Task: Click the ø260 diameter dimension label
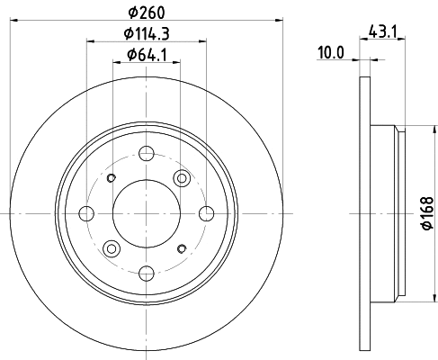tap(147, 13)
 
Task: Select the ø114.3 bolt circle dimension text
tap(147, 33)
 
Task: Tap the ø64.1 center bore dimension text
tap(147, 55)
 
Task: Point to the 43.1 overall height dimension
tap(383, 31)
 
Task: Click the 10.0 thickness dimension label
tap(331, 53)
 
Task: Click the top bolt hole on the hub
tap(147, 153)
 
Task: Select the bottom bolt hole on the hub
tap(147, 274)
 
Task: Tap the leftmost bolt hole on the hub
tap(86, 213)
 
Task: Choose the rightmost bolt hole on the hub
tap(207, 213)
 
